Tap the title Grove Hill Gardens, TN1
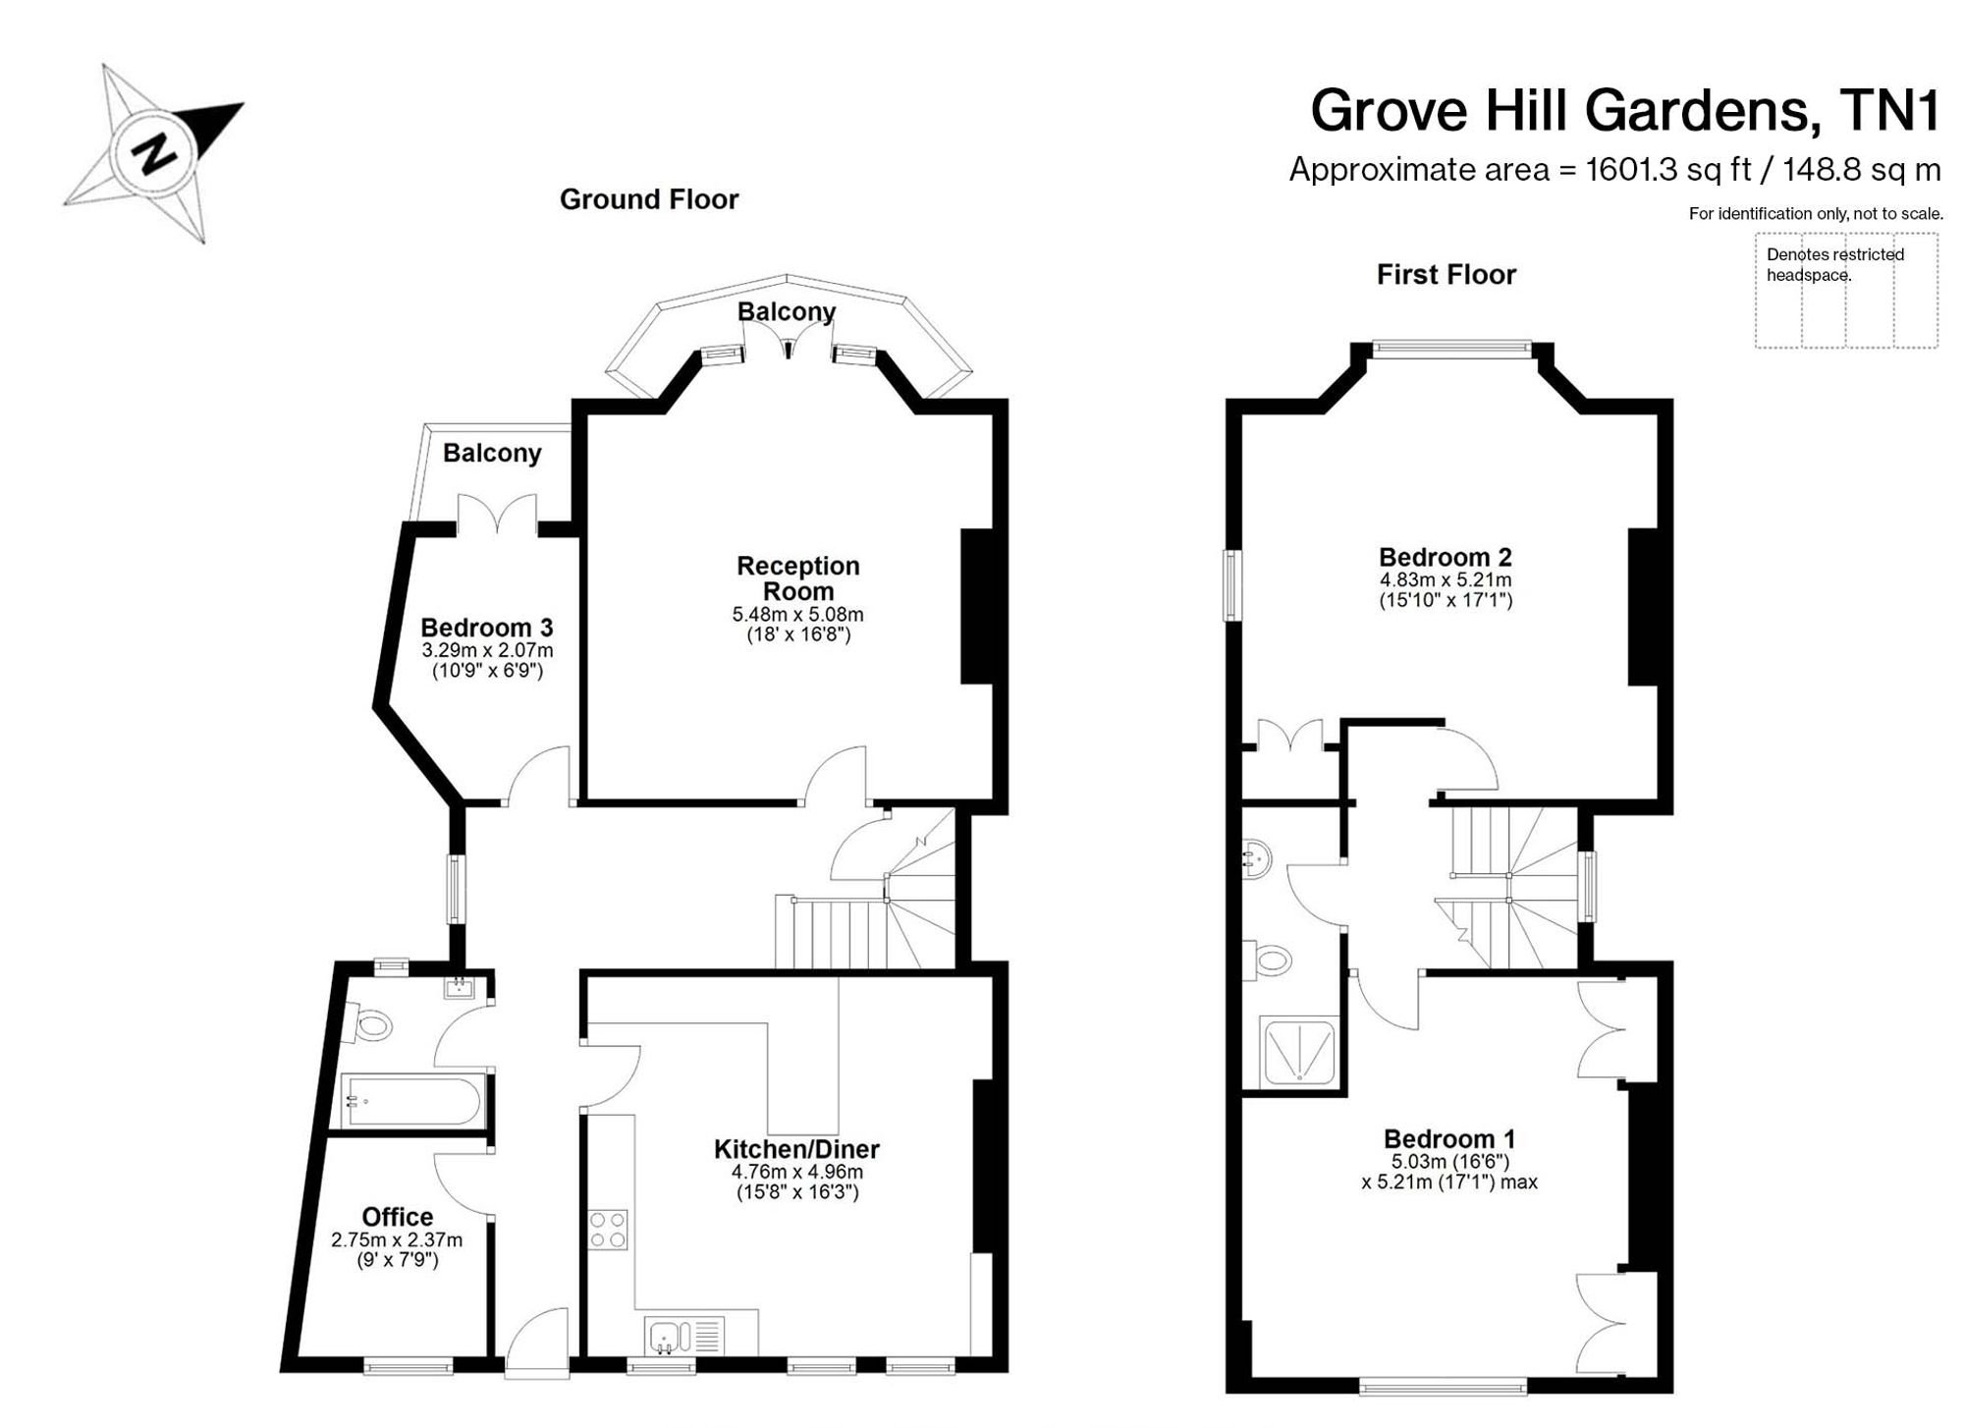[1625, 111]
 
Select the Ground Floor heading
[649, 199]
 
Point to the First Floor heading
[1446, 274]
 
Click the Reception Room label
[798, 578]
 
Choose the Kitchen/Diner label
[796, 1149]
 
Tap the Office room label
[398, 1217]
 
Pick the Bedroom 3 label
[487, 628]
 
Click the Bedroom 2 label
[1446, 557]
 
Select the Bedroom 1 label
[1449, 1139]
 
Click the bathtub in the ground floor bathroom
[411, 1101]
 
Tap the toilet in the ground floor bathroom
[366, 1024]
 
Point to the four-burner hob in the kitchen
[608, 1229]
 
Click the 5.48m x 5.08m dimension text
[798, 615]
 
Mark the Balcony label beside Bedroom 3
[492, 453]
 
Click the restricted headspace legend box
[1846, 291]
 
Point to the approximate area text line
[1614, 170]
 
